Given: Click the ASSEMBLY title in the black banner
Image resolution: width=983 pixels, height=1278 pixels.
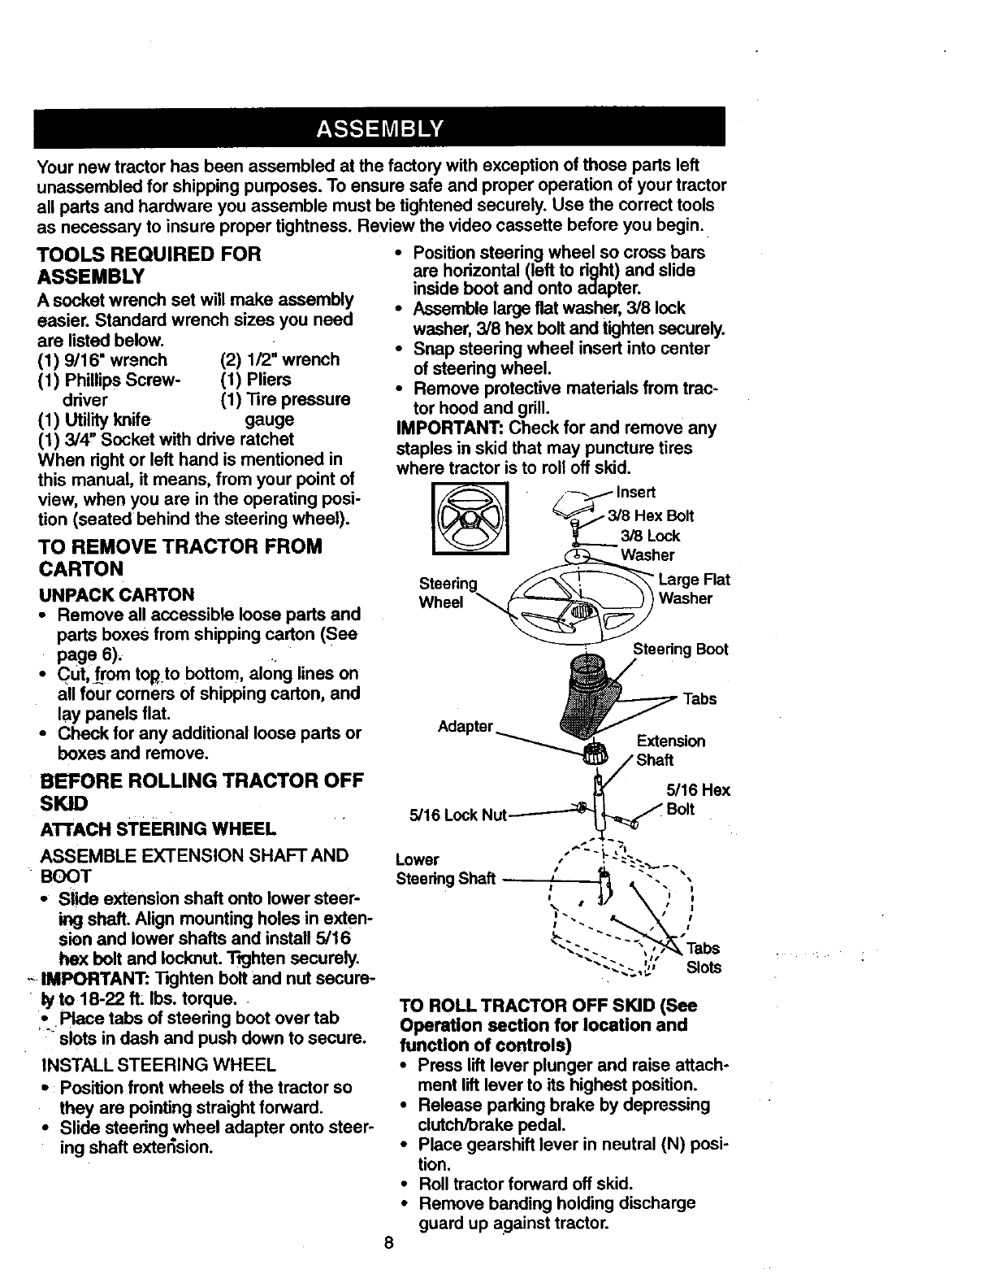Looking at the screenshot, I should click(x=379, y=128).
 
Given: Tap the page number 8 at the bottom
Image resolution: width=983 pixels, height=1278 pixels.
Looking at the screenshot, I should click(x=390, y=1243).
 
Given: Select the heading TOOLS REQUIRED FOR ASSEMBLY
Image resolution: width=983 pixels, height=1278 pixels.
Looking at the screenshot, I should click(x=149, y=265).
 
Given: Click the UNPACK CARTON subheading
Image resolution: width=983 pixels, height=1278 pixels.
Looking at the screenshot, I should click(x=116, y=594).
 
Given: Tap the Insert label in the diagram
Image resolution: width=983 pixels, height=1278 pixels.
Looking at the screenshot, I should click(x=636, y=492).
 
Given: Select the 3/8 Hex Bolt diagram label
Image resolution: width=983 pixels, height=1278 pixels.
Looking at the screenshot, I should click(x=653, y=516).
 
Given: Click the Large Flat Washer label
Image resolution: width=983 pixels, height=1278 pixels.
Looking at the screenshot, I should click(x=694, y=589).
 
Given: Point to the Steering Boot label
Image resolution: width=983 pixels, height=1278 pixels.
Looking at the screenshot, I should click(x=680, y=649).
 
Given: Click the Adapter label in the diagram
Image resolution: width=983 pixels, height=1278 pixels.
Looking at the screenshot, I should click(x=466, y=725).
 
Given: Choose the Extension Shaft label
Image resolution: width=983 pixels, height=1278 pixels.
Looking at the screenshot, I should click(x=669, y=750).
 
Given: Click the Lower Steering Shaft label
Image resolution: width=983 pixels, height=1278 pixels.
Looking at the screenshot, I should click(x=445, y=869).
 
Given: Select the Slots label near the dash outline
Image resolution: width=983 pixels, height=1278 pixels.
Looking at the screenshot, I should click(x=704, y=967).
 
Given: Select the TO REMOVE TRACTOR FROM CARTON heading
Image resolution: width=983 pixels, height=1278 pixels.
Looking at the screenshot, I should click(x=180, y=557).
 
